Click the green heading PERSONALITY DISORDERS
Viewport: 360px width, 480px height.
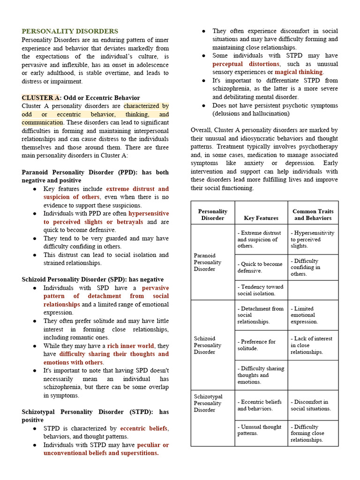(x=70, y=31)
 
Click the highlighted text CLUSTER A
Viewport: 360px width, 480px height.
(x=41, y=97)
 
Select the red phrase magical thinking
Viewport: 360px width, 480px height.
(x=299, y=72)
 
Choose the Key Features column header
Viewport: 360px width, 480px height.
(x=261, y=218)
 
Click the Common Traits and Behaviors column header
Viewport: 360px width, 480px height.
(x=313, y=215)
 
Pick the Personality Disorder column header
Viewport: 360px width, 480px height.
(x=213, y=215)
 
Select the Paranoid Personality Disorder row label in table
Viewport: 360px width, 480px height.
(x=208, y=262)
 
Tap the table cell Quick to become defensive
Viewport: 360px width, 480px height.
(x=260, y=267)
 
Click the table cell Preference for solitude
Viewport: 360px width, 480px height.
(x=256, y=345)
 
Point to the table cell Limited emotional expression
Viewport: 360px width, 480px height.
(x=304, y=315)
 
